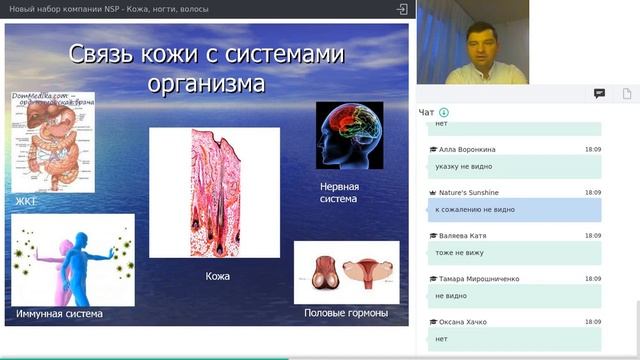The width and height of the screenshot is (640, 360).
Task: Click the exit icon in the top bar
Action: click(x=402, y=9)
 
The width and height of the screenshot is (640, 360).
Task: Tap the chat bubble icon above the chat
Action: click(x=599, y=93)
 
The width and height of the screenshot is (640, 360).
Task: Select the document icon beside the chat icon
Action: click(x=626, y=93)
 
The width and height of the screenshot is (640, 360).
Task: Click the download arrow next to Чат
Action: click(x=444, y=112)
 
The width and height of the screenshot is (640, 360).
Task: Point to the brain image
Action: click(x=349, y=135)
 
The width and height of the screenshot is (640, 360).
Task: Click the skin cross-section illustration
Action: click(x=214, y=192)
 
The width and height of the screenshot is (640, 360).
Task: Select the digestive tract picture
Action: click(x=52, y=141)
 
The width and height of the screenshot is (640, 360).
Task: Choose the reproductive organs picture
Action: click(x=346, y=271)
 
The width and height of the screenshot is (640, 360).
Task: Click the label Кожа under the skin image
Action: click(x=218, y=275)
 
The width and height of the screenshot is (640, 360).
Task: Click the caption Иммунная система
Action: click(x=59, y=314)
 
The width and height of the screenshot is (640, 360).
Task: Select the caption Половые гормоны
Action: click(x=346, y=314)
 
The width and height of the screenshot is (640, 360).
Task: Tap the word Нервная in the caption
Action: click(x=339, y=186)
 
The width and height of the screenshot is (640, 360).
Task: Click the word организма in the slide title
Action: click(x=206, y=83)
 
